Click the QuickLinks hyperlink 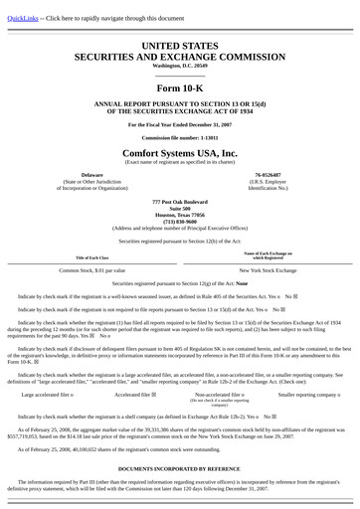24,18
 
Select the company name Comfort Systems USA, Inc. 180,154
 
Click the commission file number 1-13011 180,137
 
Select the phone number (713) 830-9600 180,221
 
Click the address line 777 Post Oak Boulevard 180,201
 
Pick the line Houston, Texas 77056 180,214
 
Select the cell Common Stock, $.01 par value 92,269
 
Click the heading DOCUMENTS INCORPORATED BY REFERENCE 180,467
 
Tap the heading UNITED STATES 180,46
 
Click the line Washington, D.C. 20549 180,66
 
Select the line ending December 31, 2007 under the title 180,124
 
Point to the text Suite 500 180,208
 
